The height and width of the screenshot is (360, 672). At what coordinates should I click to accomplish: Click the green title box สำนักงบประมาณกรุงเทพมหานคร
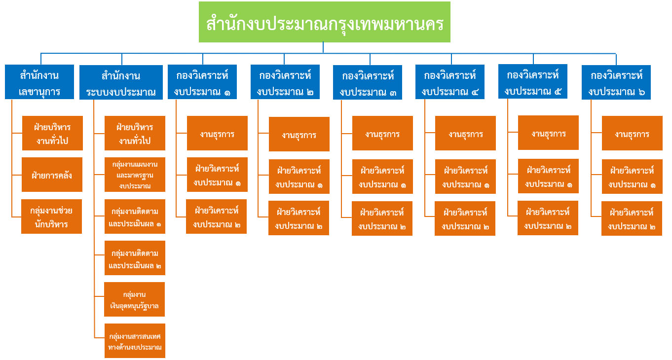324,22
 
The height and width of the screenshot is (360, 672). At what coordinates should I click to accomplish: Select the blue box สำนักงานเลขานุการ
39,82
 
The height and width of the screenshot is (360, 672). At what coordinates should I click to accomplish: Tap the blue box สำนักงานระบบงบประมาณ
121,82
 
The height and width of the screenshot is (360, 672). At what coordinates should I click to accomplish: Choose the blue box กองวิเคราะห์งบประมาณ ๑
202,82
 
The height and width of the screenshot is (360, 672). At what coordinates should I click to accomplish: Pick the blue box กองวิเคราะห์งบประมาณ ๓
368,82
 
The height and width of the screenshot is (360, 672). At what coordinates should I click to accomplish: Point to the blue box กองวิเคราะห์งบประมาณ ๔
450,82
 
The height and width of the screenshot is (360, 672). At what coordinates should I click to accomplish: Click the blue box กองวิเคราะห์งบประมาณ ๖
616,82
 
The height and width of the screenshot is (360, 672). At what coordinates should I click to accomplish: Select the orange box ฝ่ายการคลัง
52,175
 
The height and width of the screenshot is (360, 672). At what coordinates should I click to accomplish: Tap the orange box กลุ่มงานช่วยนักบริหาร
52,216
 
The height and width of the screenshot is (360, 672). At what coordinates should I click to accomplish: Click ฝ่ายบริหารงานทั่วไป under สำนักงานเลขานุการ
52,133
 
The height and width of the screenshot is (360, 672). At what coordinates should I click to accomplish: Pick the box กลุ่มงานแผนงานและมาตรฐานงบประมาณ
135,175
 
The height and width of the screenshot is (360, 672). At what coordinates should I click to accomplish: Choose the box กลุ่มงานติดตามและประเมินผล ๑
135,216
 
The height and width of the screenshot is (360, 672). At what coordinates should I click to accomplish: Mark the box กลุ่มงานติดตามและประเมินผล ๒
135,258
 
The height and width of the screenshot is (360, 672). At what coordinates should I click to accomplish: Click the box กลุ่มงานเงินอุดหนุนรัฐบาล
135,299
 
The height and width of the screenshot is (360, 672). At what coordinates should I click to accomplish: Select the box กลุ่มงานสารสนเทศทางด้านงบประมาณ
135,341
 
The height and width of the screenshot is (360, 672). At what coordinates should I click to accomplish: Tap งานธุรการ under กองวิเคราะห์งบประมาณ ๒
299,134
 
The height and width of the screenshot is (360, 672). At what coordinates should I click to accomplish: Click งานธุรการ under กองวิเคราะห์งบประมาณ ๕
548,133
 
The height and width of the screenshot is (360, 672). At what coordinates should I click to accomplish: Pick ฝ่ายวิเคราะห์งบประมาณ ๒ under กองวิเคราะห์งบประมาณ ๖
632,218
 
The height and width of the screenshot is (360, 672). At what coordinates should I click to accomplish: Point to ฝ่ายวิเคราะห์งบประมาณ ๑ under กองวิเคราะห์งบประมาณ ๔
465,177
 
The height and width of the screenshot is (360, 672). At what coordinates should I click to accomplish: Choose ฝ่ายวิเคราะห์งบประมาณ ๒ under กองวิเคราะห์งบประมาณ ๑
216,216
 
